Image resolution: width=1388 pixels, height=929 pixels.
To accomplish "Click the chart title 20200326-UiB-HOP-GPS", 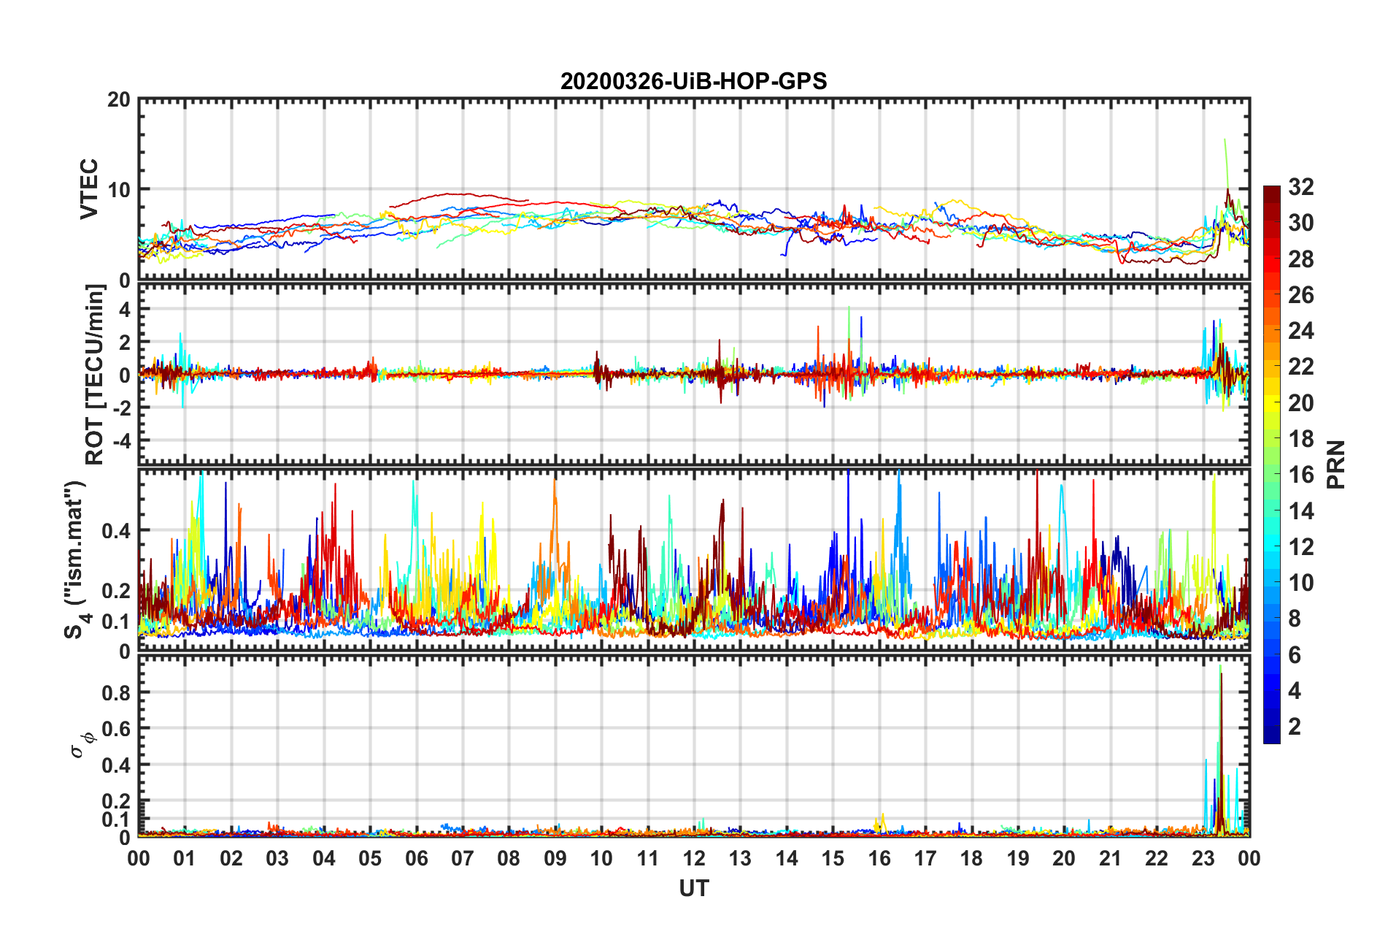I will (x=693, y=81).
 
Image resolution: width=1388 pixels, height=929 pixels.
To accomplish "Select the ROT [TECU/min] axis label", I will (x=94, y=374).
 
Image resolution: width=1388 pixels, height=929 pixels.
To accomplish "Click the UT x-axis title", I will (x=693, y=888).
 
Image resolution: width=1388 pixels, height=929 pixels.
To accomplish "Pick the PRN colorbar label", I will (x=1336, y=464).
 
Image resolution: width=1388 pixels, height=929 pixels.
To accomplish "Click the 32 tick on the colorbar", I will (x=1300, y=187).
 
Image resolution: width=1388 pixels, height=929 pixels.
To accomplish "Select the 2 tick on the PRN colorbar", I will (x=1295, y=726).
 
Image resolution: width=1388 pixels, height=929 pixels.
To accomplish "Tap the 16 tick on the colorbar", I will (x=1300, y=475).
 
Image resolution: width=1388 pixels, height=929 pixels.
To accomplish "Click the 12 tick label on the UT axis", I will (x=694, y=858).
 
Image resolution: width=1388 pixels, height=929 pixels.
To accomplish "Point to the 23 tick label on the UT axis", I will (x=1203, y=858).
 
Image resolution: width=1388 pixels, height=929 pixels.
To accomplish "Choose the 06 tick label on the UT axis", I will (x=417, y=858).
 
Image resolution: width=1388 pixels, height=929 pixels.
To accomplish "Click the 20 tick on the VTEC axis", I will (x=118, y=100).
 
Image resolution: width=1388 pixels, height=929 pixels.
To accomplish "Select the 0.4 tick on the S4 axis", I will (x=115, y=531).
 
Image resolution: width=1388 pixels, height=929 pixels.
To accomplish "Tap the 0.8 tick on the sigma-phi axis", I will (x=115, y=692).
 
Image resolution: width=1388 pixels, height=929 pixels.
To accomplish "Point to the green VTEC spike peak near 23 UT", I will (x=1225, y=139).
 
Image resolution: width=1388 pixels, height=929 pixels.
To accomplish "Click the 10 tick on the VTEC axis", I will (x=118, y=190).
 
